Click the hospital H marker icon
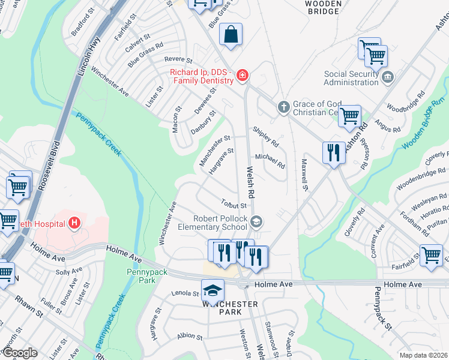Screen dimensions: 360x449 (x=74, y=224)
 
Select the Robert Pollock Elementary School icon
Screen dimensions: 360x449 (x=256, y=223)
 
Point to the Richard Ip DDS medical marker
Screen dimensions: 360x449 (x=242, y=76)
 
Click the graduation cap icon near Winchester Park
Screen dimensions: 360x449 (x=211, y=291)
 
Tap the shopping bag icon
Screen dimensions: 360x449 (x=231, y=35)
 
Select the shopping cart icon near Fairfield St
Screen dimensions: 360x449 (x=431, y=255)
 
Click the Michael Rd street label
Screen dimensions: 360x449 (x=270, y=160)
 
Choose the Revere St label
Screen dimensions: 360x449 (x=178, y=60)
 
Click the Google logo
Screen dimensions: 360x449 (x=20, y=353)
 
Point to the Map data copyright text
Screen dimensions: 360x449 (x=423, y=355)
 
